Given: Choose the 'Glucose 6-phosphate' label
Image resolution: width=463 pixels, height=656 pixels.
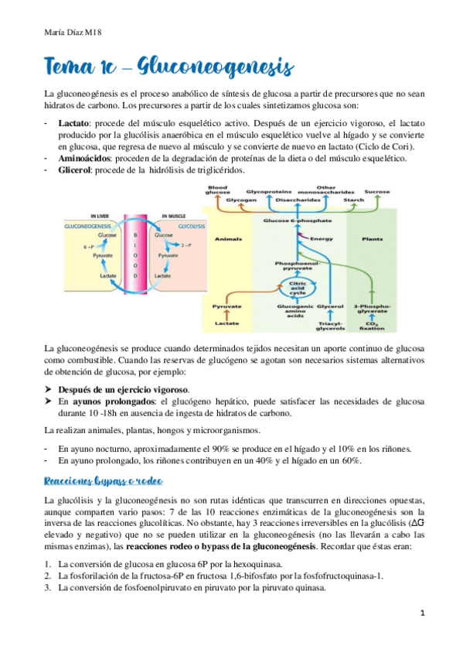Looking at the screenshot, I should (x=298, y=221).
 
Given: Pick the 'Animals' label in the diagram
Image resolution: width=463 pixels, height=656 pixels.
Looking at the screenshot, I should (x=229, y=239).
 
